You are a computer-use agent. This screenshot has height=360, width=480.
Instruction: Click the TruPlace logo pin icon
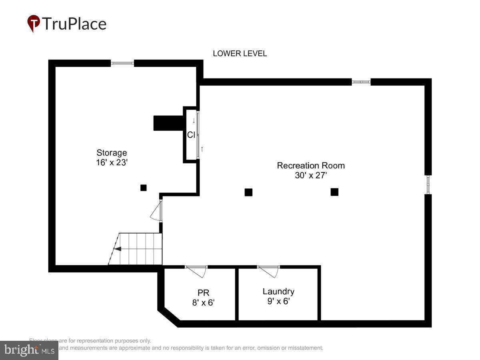pyautogui.click(x=33, y=23)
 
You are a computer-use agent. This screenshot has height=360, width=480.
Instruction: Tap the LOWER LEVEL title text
pyautogui.click(x=240, y=54)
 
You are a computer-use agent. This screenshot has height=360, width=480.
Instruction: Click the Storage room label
pyautogui.click(x=112, y=153)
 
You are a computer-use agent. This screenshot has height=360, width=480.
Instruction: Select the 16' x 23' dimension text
pyautogui.click(x=112, y=163)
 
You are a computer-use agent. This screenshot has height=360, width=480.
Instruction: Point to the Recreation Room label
pyautogui.click(x=311, y=166)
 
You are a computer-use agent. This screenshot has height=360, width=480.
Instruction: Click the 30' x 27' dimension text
pyautogui.click(x=311, y=175)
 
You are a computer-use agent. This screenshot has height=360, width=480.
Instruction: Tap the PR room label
pyautogui.click(x=203, y=292)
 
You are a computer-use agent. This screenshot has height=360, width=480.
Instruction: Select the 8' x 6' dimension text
pyautogui.click(x=203, y=302)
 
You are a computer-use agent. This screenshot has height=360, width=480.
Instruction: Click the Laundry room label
pyautogui.click(x=278, y=292)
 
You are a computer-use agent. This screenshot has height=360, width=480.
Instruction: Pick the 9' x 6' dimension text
pyautogui.click(x=278, y=301)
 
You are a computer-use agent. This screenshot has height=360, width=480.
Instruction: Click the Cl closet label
pyautogui.click(x=191, y=135)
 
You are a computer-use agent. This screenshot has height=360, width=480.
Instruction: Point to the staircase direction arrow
pyautogui.click(x=118, y=249)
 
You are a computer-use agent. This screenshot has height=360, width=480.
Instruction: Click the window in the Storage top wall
pyautogui.click(x=122, y=63)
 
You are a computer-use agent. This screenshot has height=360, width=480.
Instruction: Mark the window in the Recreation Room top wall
pyautogui.click(x=361, y=82)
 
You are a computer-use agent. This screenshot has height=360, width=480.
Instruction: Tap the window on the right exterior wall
pyautogui.click(x=428, y=184)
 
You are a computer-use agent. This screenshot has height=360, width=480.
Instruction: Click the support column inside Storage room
pyautogui.click(x=144, y=188)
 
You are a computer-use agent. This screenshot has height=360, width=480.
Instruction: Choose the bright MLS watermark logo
pyautogui.click(x=29, y=350)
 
